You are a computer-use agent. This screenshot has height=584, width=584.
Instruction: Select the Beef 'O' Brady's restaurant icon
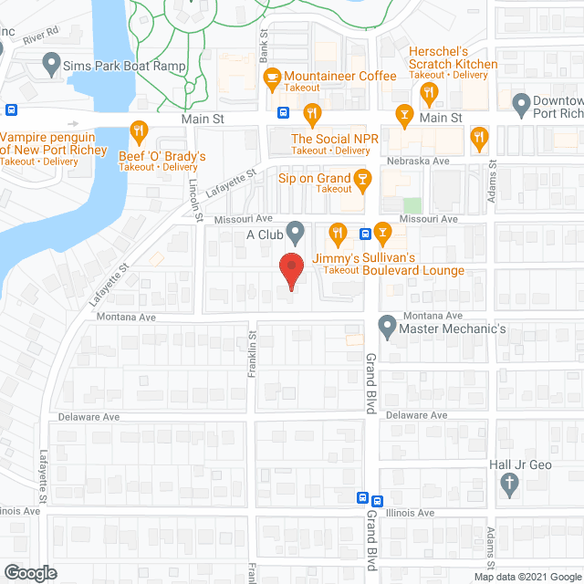coord(139,129)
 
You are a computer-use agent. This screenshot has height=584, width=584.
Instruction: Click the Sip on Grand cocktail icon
coord(362,177)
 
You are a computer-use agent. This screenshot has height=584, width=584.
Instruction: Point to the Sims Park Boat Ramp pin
coord(51,66)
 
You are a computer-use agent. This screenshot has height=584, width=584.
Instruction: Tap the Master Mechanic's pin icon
coord(386,325)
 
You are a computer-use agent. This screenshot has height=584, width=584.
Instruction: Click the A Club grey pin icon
coord(294,232)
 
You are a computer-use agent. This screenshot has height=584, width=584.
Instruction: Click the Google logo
coord(29,572)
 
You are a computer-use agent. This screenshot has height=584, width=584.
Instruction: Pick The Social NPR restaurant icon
coord(312,114)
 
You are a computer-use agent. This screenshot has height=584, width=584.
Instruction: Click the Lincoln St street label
coord(195,197)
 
